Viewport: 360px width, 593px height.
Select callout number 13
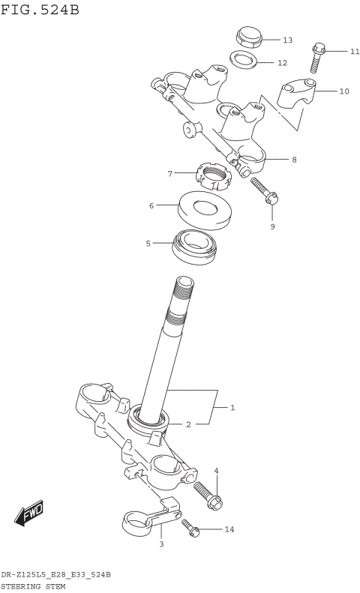pos(287,40)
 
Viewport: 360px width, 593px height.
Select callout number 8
pos(294,159)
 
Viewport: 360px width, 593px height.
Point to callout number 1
pos(232,408)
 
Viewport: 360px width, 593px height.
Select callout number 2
pos(188,424)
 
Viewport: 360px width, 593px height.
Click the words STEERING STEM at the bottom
pos(33,586)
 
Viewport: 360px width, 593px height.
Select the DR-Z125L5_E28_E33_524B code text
pos(56,574)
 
